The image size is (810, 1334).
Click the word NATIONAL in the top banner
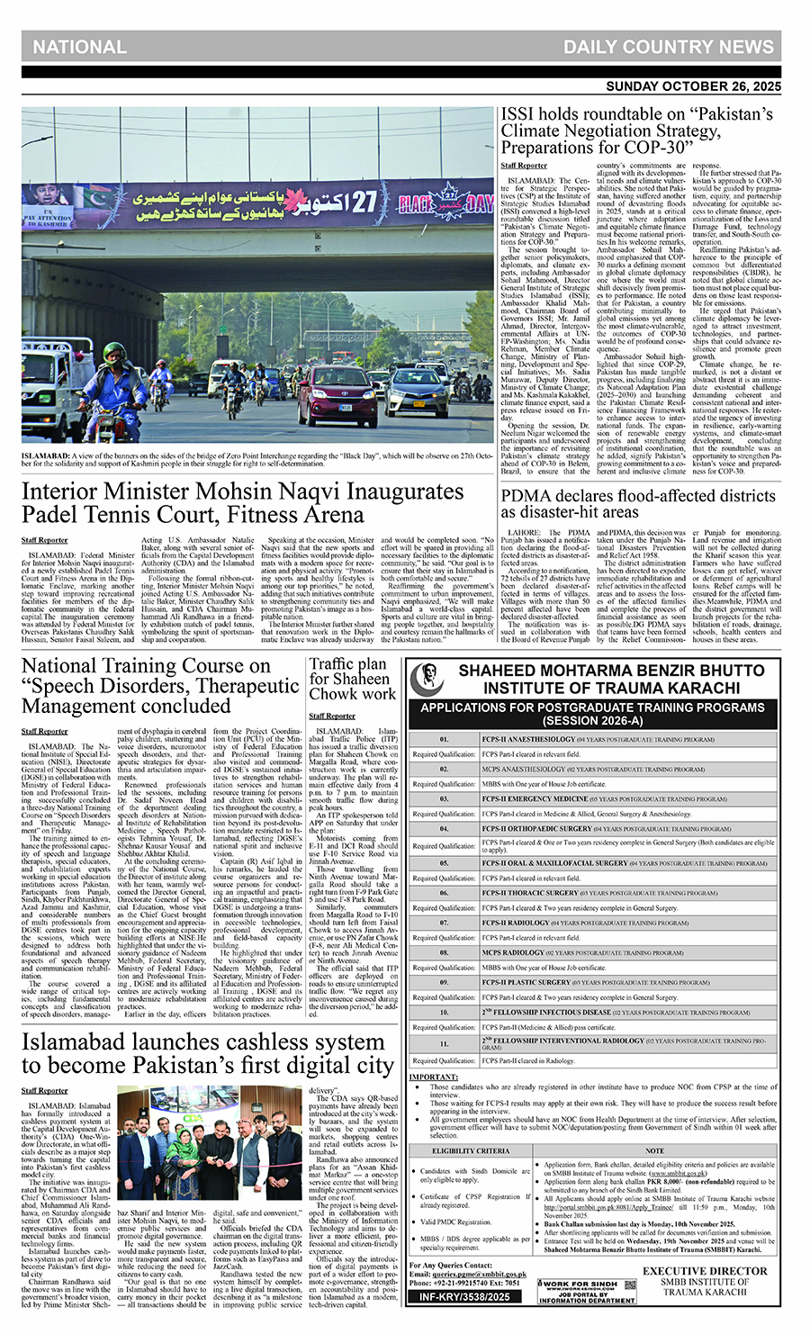point(79,48)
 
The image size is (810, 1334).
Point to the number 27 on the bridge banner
point(363,202)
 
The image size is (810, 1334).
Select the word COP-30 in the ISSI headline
point(661,147)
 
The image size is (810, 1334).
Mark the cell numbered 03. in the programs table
point(444,798)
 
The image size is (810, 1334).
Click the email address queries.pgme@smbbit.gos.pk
point(478,1275)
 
